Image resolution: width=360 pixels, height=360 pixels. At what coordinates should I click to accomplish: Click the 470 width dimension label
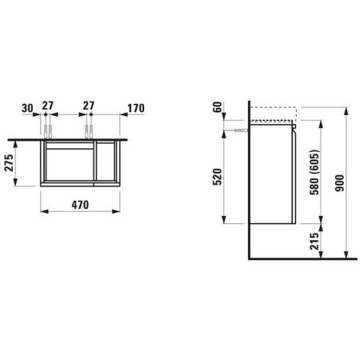(x=80, y=205)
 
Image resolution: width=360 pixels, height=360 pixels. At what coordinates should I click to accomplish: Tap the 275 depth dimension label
(x=10, y=162)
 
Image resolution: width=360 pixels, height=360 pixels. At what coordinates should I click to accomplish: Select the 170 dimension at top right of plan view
(x=136, y=108)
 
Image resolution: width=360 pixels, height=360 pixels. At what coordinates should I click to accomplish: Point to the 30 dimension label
(x=27, y=108)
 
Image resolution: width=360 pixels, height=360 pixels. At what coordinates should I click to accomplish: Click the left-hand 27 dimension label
(x=48, y=106)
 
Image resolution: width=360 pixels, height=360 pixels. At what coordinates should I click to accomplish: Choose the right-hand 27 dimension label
(x=89, y=106)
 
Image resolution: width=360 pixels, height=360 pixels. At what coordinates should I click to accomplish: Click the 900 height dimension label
(x=340, y=183)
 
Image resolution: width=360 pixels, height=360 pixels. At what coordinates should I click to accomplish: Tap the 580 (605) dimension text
(x=314, y=172)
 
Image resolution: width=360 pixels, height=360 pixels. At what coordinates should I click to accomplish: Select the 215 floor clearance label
(x=314, y=242)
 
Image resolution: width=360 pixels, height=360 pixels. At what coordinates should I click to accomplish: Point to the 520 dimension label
(x=218, y=177)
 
